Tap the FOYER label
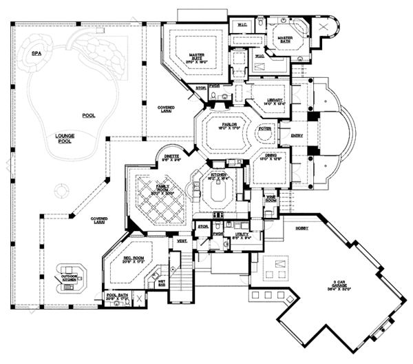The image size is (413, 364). pyautogui.click(x=263, y=129)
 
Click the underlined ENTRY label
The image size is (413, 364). pyautogui.click(x=297, y=136)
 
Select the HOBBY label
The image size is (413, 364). pyautogui.click(x=301, y=227)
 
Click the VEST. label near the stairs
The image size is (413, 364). pyautogui.click(x=182, y=241)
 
